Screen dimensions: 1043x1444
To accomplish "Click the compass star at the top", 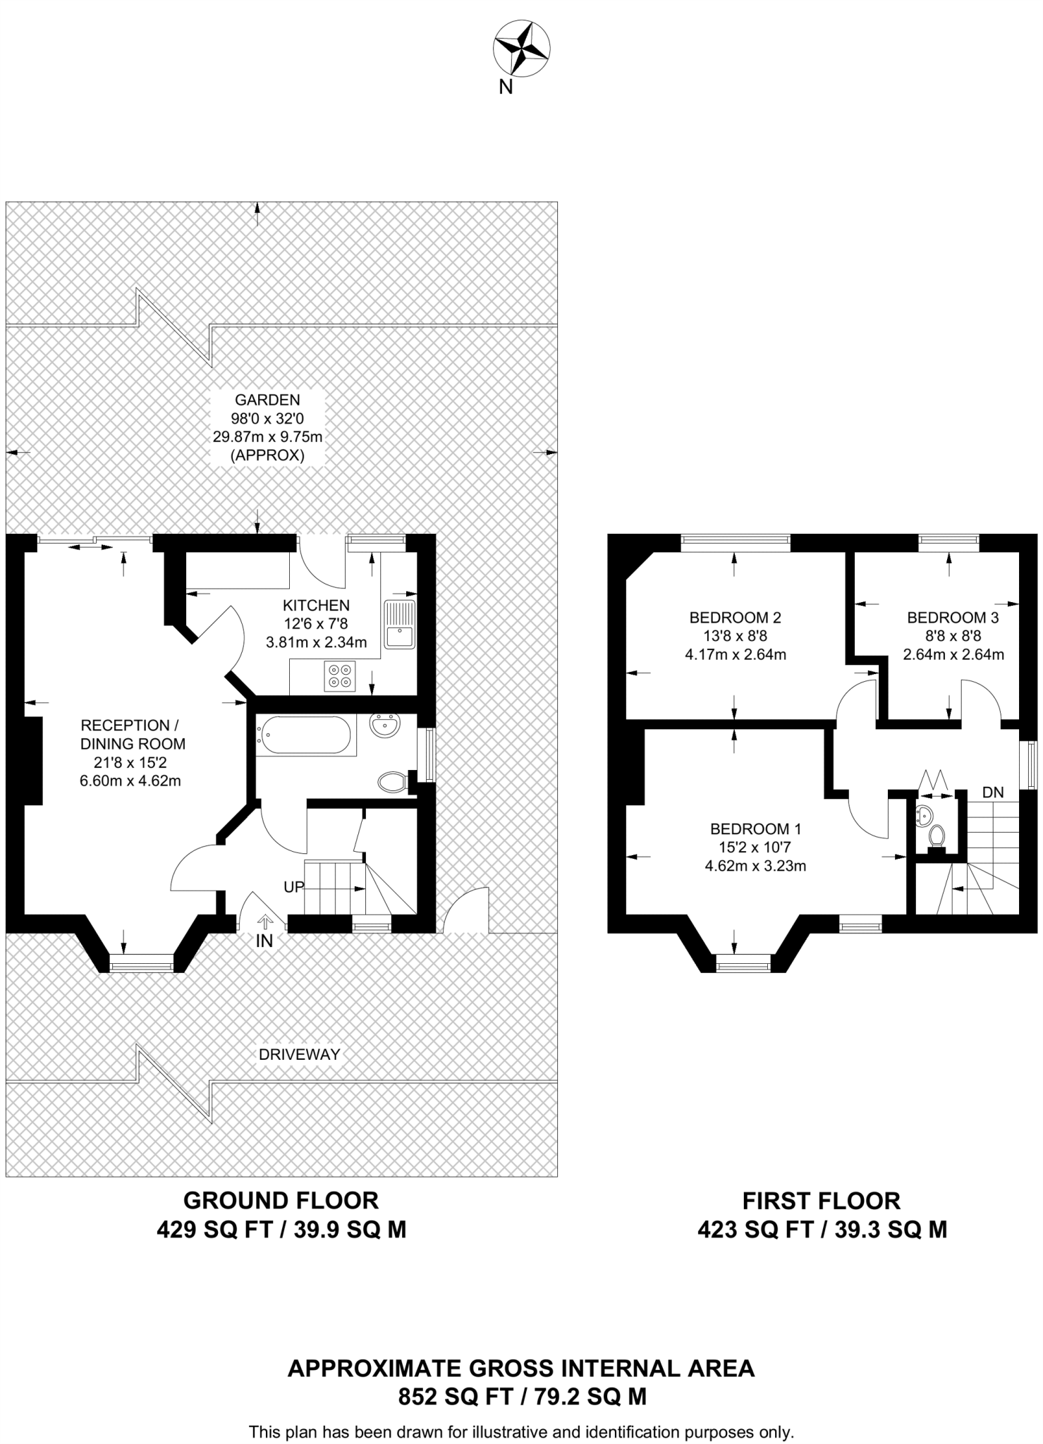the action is click(521, 47).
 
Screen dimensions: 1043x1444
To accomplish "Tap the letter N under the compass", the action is click(506, 87).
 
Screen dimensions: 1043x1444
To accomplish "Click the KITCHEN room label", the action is click(316, 605).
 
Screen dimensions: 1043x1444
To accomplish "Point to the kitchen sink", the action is click(401, 624).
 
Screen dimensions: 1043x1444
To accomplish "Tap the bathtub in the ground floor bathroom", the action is click(303, 735).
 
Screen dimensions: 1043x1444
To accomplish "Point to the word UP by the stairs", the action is click(293, 887).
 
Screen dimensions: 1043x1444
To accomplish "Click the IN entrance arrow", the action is click(265, 921).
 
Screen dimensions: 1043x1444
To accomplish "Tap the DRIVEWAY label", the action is click(300, 1054).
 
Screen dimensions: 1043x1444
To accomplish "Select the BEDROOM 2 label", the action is click(735, 618).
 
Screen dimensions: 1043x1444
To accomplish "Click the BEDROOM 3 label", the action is click(953, 618).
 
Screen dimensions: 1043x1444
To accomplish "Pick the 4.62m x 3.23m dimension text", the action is click(755, 866).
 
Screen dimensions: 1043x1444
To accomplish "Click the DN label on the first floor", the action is click(993, 793).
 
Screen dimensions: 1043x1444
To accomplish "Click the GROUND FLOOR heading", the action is click(281, 1200).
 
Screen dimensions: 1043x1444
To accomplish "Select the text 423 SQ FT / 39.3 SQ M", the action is click(822, 1230).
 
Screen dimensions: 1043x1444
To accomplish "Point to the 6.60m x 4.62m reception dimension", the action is click(130, 781).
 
